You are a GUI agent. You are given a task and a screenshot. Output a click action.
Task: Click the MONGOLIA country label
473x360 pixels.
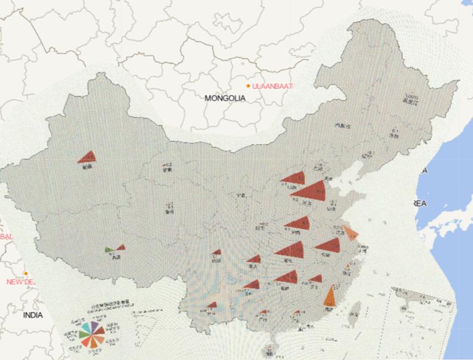point(225,97)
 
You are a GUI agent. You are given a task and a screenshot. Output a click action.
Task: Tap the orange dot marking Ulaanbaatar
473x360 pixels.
point(248,86)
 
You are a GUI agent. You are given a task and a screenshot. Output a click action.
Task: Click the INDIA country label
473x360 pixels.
point(33,315)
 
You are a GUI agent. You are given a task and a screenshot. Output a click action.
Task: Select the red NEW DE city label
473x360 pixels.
point(21,282)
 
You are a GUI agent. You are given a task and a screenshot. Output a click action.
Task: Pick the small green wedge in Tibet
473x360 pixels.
point(109,250)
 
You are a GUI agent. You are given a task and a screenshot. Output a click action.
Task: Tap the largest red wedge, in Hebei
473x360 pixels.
point(311,191)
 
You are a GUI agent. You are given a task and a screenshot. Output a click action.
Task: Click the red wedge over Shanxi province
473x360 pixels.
point(294,178)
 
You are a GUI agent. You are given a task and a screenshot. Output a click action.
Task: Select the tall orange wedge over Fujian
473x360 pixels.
point(330,295)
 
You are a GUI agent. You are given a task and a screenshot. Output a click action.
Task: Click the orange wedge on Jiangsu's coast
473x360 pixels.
point(350,232)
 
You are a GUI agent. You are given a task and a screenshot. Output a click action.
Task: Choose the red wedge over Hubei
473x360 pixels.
point(291,250)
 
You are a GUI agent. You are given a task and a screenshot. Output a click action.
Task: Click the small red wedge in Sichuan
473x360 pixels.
point(216,252)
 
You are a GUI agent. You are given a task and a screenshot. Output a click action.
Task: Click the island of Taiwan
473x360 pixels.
point(354,315)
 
